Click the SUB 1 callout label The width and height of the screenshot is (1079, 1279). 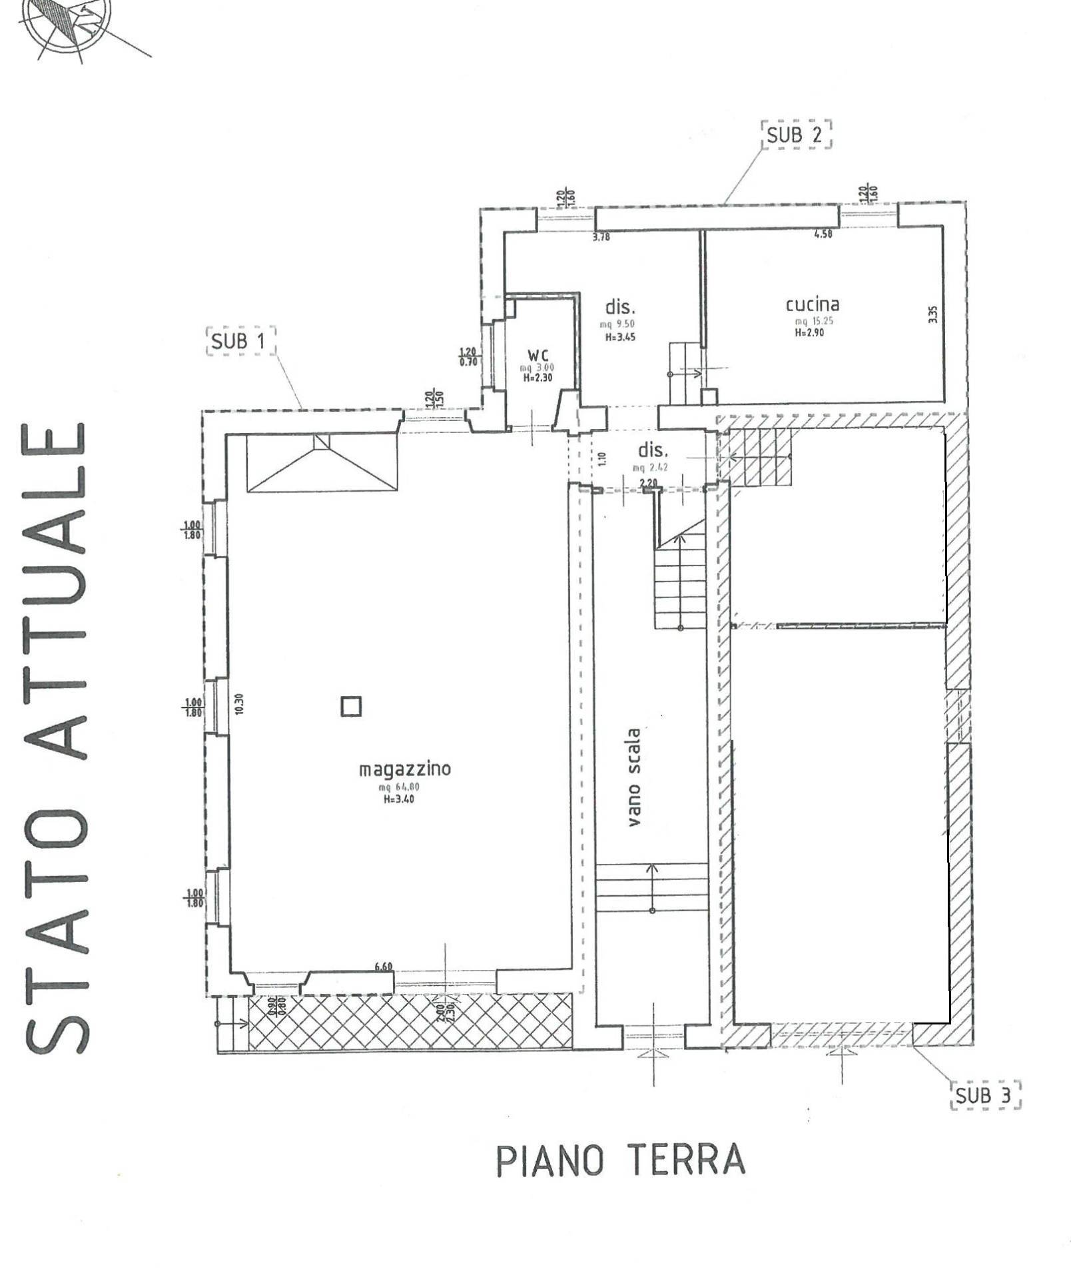[x=239, y=342]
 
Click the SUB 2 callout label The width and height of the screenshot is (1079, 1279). [x=795, y=135]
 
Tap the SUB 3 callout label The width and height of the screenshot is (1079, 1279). [x=984, y=1096]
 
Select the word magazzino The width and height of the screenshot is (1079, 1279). [x=405, y=769]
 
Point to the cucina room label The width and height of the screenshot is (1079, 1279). [x=813, y=305]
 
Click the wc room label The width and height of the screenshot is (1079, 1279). [x=538, y=355]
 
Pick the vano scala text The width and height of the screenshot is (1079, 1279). [x=633, y=777]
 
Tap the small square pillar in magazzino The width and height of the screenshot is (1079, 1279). [x=352, y=706]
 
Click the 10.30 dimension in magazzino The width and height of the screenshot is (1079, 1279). [x=240, y=704]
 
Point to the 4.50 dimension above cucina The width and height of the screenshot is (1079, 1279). [x=823, y=234]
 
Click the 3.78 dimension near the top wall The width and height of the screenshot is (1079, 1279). [x=601, y=236]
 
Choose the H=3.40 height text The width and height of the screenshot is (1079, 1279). [x=399, y=799]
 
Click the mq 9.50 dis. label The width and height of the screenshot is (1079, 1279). [x=619, y=324]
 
